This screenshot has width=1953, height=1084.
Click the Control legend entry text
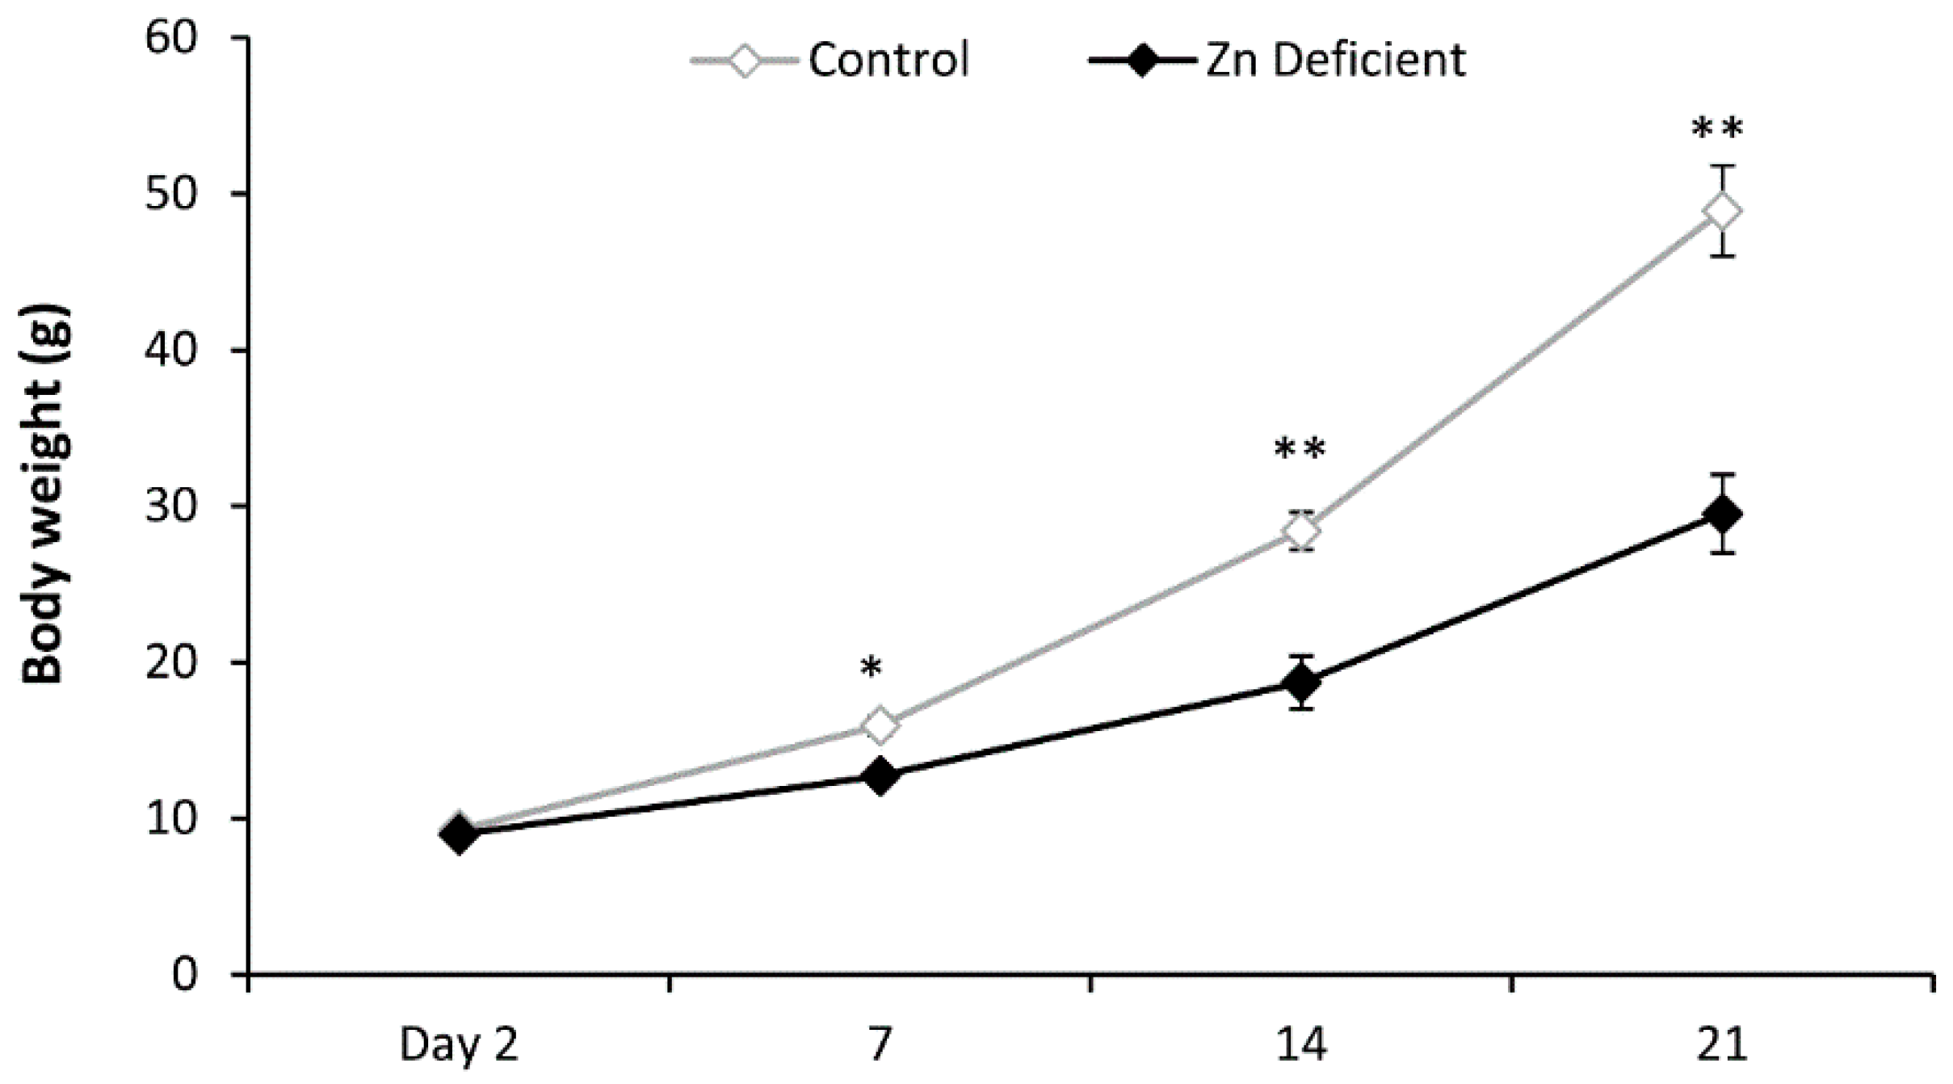click(888, 60)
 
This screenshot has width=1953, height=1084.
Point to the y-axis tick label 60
click(170, 38)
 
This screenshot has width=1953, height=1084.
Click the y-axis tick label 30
click(170, 506)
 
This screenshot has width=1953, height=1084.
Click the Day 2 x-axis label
click(458, 1044)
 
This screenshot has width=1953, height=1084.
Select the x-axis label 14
click(1300, 1044)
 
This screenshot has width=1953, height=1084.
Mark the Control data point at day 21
click(1721, 212)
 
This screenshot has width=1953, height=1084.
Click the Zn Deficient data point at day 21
click(1721, 514)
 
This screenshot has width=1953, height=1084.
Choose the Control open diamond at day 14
click(1301, 531)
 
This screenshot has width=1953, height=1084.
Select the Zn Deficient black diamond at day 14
click(1301, 683)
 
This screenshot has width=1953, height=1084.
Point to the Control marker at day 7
click(880, 725)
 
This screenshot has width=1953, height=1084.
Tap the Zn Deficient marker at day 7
click(880, 775)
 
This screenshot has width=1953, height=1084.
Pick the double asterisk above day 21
click(1718, 129)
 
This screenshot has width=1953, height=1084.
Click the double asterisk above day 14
click(1300, 450)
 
